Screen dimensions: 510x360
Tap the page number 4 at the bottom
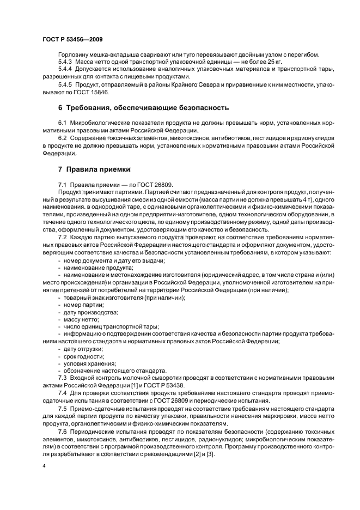pos(44,466)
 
